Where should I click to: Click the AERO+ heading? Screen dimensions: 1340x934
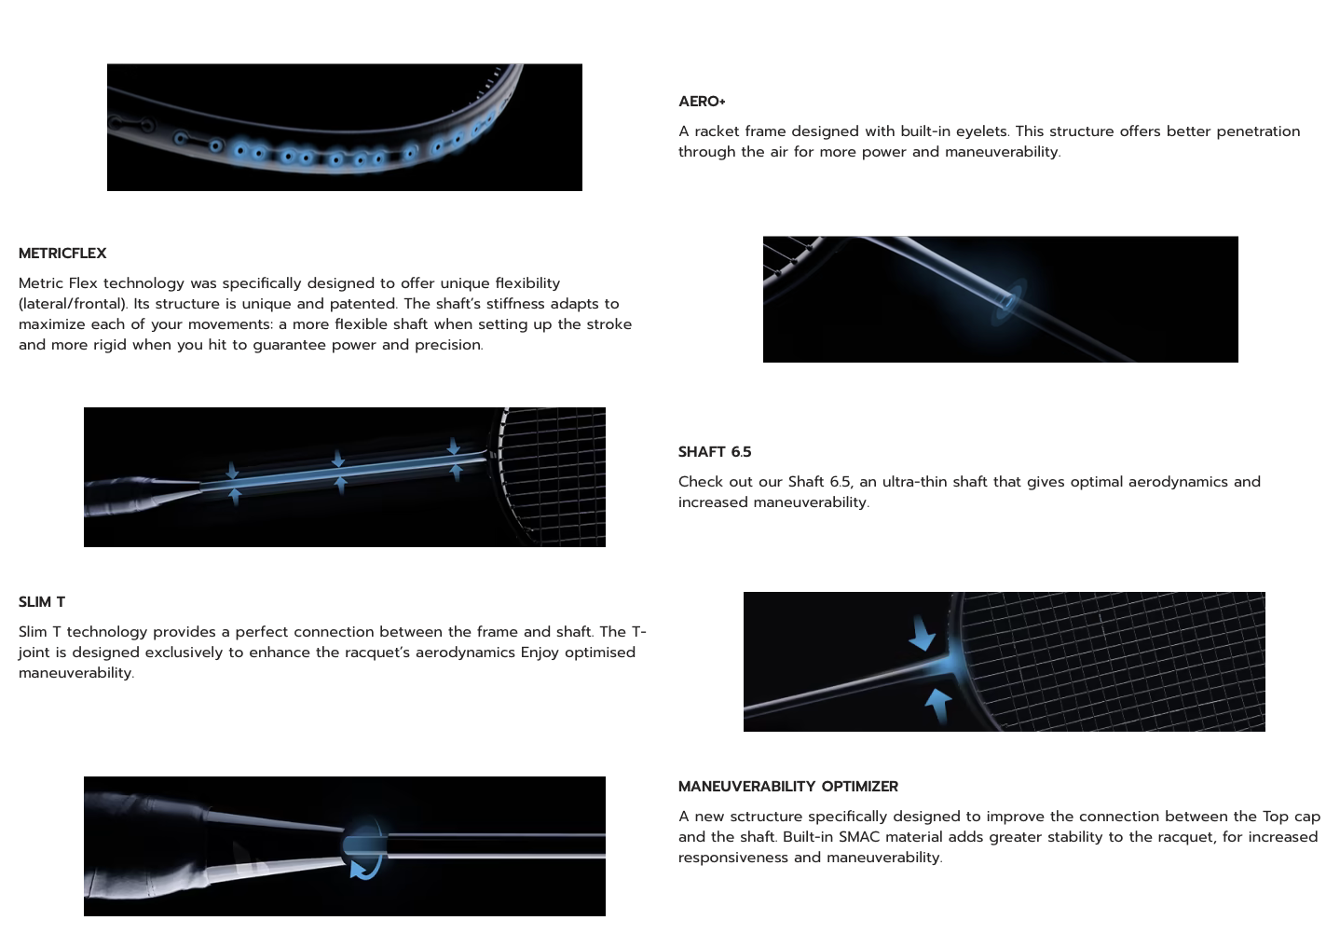tap(702, 101)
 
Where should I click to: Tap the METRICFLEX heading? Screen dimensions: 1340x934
tap(62, 254)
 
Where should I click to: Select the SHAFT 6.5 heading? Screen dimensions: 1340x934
tap(715, 452)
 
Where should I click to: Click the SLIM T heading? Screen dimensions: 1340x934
tap(42, 602)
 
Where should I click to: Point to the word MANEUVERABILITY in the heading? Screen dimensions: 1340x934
tap(746, 786)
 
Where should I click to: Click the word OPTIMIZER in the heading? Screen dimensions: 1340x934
tap(860, 786)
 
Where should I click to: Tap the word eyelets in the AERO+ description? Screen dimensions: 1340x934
tap(981, 131)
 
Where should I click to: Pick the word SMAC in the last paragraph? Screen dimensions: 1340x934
tap(860, 837)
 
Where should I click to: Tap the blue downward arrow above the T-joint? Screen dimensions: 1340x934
tap(922, 634)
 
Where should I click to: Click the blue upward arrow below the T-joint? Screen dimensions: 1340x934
tap(938, 706)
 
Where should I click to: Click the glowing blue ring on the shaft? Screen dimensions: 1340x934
tap(1009, 302)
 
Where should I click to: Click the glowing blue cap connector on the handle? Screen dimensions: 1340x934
tap(364, 845)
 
